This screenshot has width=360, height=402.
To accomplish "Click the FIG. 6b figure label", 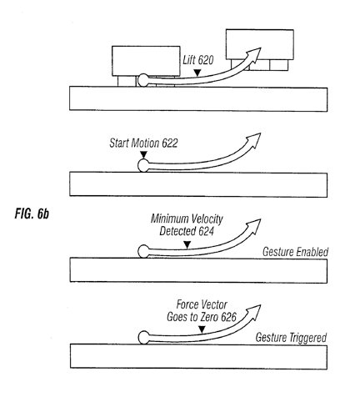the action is point(32,214).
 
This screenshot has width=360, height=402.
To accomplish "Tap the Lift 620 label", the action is point(198,60).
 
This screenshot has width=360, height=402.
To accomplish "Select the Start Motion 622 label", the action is point(143,143).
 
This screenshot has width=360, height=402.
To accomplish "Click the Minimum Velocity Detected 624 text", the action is point(187,225).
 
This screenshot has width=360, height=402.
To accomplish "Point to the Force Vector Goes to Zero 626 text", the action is point(202,311).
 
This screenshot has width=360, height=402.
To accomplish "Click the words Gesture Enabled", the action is point(295,252).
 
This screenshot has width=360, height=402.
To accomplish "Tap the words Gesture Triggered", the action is point(291,338).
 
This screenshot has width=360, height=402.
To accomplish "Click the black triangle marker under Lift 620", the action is point(197,73).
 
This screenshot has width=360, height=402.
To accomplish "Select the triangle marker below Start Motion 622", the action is point(143,154).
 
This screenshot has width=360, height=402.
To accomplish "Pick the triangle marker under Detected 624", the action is point(187,244).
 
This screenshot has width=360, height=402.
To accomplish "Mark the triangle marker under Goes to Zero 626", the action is point(202,329).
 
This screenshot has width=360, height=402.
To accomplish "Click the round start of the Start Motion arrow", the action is point(143,166).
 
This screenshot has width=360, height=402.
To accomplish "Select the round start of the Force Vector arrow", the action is point(144,338).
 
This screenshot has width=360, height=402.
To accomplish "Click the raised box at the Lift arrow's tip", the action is point(260,44).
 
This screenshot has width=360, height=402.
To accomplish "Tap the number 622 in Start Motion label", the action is point(170,143).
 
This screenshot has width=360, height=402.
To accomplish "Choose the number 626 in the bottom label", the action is point(229,317).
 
